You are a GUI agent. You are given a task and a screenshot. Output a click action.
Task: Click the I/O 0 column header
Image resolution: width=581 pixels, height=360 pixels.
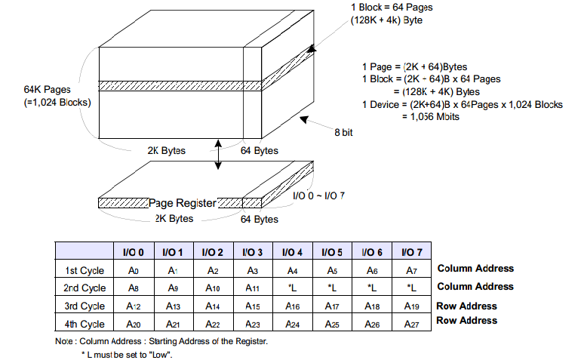pyautogui.click(x=134, y=253)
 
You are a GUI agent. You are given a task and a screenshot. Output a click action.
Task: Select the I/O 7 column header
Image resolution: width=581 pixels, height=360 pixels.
pyautogui.click(x=412, y=253)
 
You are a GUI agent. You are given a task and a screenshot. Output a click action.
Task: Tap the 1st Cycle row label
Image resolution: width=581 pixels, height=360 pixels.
pyautogui.click(x=85, y=271)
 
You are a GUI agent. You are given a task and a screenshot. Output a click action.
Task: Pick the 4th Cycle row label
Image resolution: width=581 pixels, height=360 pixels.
pyautogui.click(x=85, y=324)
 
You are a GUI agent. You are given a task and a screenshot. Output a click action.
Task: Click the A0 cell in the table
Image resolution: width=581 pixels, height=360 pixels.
pyautogui.click(x=134, y=271)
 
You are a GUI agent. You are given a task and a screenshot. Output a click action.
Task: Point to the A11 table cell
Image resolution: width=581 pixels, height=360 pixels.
pyautogui.click(x=252, y=288)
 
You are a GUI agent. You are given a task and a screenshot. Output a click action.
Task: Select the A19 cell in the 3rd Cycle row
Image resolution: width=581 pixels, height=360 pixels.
pyautogui.click(x=412, y=306)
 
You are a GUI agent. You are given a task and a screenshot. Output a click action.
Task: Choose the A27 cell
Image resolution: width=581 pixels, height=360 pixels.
pyautogui.click(x=412, y=324)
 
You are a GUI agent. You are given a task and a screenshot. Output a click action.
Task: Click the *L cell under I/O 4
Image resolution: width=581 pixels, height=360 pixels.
pyautogui.click(x=292, y=288)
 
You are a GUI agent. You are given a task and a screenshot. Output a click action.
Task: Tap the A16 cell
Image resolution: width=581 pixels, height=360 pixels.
pyautogui.click(x=292, y=306)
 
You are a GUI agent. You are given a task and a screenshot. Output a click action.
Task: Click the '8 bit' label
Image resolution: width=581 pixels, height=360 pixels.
pyautogui.click(x=343, y=132)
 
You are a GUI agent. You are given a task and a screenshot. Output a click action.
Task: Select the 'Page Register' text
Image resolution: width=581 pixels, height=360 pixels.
pyautogui.click(x=183, y=203)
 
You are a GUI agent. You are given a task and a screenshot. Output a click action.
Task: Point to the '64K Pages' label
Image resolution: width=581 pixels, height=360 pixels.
pyautogui.click(x=47, y=89)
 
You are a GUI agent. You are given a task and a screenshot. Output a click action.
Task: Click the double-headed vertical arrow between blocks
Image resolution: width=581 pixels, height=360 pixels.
pyautogui.click(x=218, y=155)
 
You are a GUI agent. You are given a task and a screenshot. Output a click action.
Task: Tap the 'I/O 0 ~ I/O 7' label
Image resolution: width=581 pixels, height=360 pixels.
pyautogui.click(x=318, y=195)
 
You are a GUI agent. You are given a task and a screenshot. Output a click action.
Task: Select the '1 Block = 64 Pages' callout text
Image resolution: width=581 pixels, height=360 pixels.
pyautogui.click(x=392, y=8)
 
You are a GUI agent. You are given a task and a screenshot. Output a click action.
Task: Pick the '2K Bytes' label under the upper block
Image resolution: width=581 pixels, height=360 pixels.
pyautogui.click(x=166, y=150)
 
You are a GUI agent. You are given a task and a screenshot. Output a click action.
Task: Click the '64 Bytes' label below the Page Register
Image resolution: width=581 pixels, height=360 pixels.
pyautogui.click(x=260, y=219)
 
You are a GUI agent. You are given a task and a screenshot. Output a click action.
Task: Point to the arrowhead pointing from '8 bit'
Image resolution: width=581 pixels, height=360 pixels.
pyautogui.click(x=304, y=119)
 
